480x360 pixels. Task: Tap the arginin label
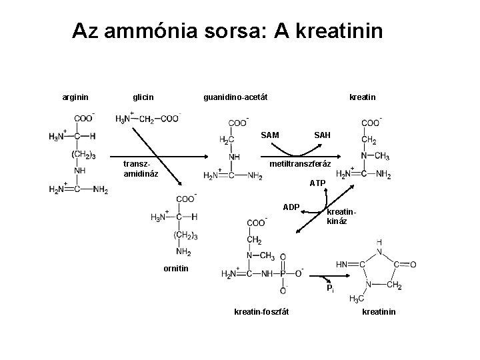[75, 97]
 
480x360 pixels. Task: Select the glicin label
[143, 97]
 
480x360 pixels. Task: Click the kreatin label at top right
[362, 97]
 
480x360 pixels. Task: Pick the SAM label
[270, 135]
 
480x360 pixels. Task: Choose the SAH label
[322, 135]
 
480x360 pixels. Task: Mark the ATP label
[317, 183]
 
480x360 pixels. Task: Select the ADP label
[291, 207]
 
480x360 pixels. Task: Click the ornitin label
[176, 269]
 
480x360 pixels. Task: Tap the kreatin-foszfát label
[261, 312]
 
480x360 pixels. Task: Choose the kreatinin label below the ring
[379, 312]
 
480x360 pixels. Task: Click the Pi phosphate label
[330, 289]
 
